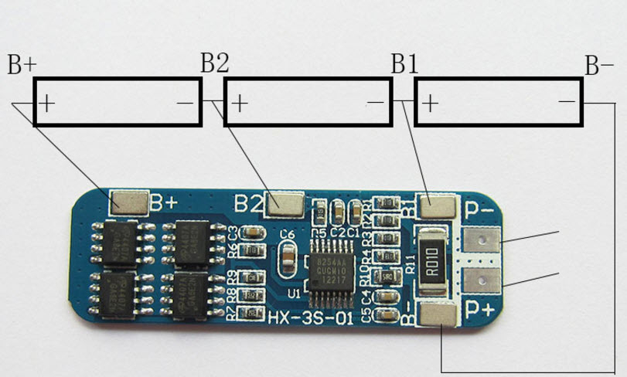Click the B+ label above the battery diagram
tap(21, 65)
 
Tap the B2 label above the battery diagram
tap(214, 63)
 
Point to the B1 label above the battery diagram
tap(404, 64)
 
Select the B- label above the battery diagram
tap(599, 65)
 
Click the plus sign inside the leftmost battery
tap(47, 102)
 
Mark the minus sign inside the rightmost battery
tap(567, 101)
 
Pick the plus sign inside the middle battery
tap(239, 102)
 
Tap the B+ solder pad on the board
tap(129, 203)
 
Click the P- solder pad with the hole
tap(481, 243)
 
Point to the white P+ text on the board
tap(480, 311)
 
